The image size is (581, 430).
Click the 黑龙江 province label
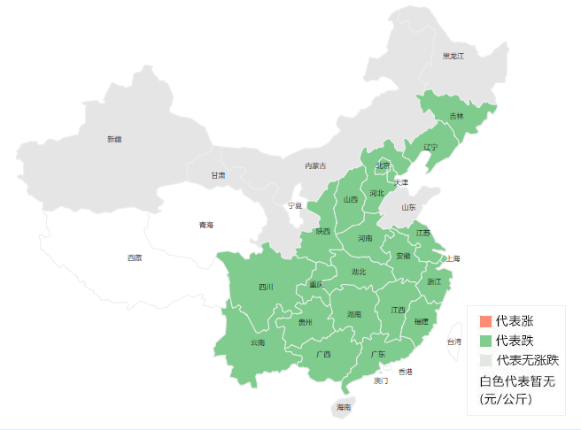click(453, 56)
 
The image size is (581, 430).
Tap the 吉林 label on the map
click(456, 116)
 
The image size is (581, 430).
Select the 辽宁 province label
click(430, 147)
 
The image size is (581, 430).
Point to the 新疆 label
click(114, 139)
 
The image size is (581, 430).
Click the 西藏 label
click(134, 257)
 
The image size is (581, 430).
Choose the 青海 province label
click(205, 225)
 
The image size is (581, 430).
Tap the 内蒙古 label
click(315, 165)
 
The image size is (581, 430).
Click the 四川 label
click(266, 287)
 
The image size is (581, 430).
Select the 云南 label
click(257, 342)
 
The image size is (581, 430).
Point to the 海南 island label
click(344, 407)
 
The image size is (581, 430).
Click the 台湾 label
click(453, 342)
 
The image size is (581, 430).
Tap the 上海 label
click(453, 258)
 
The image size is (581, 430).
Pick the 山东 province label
click(408, 208)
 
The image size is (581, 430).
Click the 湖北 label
click(358, 272)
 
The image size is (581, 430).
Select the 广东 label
click(377, 354)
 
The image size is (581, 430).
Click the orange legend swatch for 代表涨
click(484, 320)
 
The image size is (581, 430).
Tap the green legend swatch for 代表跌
click(484, 340)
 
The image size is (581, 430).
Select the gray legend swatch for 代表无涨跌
click(484, 360)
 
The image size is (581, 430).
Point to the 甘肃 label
click(218, 175)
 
